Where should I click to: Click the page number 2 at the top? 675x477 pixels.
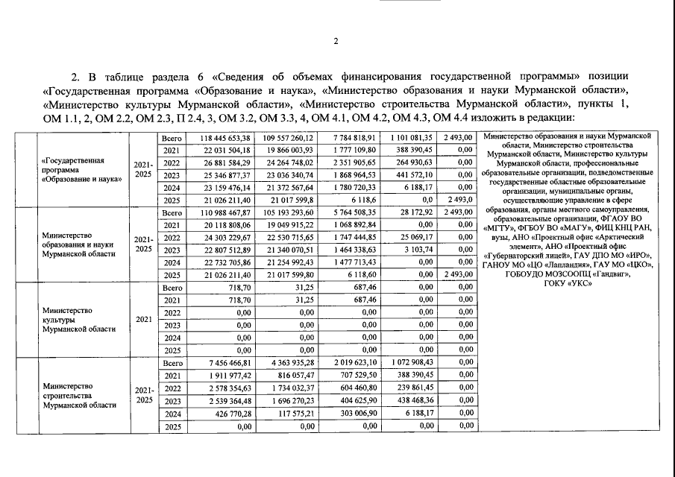[x=336, y=42]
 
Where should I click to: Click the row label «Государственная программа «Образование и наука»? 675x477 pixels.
[x=83, y=169]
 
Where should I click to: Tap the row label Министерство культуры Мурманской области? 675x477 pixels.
[x=79, y=318]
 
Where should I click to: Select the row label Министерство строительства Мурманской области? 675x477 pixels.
[x=79, y=395]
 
